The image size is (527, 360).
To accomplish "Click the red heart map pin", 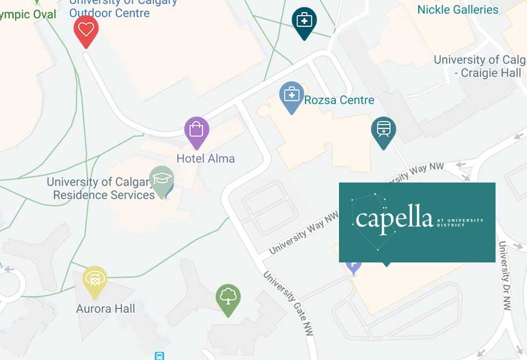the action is tap(86, 30).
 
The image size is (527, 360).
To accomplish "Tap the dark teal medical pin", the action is tap(304, 21).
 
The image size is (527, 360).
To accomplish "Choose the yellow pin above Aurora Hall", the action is tap(95, 280).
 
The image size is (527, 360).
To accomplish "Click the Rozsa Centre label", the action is tap(339, 100).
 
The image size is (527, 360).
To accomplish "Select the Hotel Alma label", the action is tap(206, 159).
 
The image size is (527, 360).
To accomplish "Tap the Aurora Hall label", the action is tap(106, 309).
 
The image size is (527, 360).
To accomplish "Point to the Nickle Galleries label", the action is tap(458, 9).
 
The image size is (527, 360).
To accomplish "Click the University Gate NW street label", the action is tap(287, 303).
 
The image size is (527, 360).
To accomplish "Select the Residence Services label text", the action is tap(104, 195).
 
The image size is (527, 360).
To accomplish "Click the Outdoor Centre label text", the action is tap(109, 13).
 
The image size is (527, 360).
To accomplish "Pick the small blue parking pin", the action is tap(353, 266).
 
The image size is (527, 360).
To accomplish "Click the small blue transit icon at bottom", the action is tap(160, 356).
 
